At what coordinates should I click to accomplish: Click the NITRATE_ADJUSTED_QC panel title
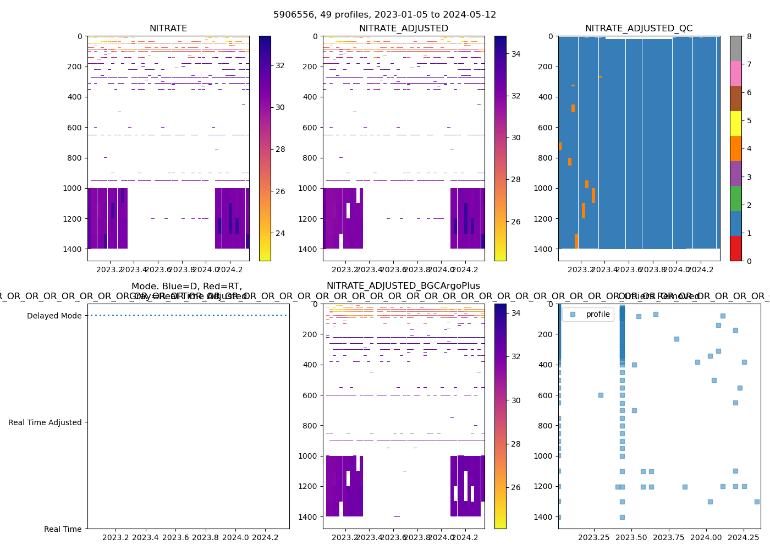(639, 29)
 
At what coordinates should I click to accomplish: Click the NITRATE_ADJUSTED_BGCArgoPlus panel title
(403, 286)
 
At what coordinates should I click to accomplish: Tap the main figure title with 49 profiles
(385, 15)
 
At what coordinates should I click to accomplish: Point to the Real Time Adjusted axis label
(45, 422)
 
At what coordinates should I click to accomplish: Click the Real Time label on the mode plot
(63, 529)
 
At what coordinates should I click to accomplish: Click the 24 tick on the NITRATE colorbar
(280, 233)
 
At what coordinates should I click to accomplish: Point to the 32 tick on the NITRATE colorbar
(280, 65)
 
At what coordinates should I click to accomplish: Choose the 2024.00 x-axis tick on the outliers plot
(706, 537)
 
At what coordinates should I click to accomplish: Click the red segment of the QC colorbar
(736, 248)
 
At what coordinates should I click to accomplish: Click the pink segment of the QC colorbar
(736, 73)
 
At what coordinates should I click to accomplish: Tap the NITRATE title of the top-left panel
(168, 29)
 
